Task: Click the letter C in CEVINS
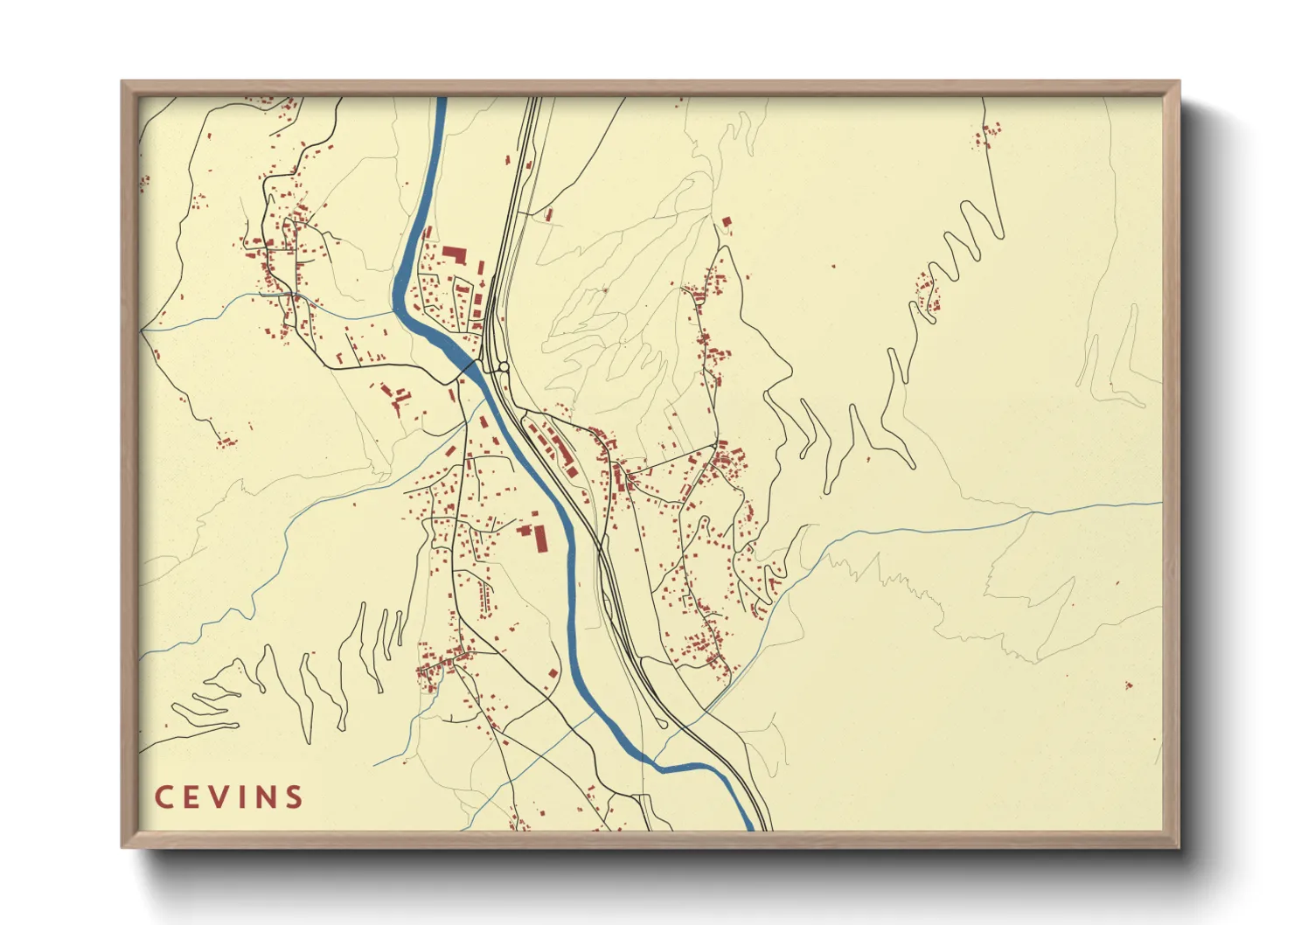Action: pyautogui.click(x=163, y=797)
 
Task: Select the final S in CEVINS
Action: pyautogui.click(x=294, y=797)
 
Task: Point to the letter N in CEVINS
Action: pyautogui.click(x=266, y=797)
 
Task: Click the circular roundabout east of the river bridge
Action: pyautogui.click(x=504, y=367)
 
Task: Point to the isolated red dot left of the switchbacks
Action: pyautogui.click(x=832, y=266)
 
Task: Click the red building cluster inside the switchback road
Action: pyautogui.click(x=927, y=293)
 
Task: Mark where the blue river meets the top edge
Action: pyautogui.click(x=442, y=99)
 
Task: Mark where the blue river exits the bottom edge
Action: pyautogui.click(x=749, y=827)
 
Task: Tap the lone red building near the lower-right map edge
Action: pyautogui.click(x=1128, y=685)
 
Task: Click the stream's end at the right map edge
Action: pyautogui.click(x=1161, y=503)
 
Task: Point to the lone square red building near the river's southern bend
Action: pyautogui.click(x=553, y=673)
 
